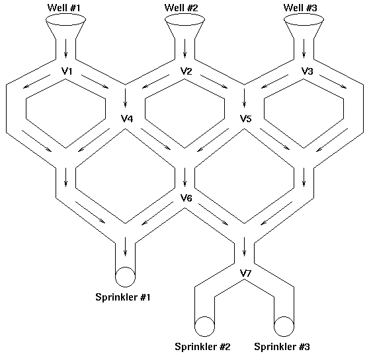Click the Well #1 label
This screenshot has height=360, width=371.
point(64,8)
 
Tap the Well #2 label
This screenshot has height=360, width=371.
point(181,8)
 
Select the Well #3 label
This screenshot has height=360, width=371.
point(300,8)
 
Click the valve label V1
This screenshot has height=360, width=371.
point(67,71)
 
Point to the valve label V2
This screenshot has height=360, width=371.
point(186,71)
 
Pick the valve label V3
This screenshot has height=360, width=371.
point(307,71)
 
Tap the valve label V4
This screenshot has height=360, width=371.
point(127,118)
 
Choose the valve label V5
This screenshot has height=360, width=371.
point(246,118)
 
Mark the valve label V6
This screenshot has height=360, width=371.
point(186,198)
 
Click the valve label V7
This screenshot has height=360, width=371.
point(245,273)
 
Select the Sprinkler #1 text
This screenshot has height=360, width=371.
point(123,297)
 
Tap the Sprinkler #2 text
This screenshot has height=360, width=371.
point(202,347)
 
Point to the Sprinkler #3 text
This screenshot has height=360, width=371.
point(282,347)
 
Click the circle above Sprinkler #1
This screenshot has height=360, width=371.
point(125,268)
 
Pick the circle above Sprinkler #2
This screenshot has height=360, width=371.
point(204,317)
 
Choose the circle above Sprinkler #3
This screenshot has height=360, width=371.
point(284,317)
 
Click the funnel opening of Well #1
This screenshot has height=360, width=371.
point(65,14)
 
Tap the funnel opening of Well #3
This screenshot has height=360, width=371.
point(304,14)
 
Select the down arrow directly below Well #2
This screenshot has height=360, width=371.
point(185,48)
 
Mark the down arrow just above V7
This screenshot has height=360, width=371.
point(245,247)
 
